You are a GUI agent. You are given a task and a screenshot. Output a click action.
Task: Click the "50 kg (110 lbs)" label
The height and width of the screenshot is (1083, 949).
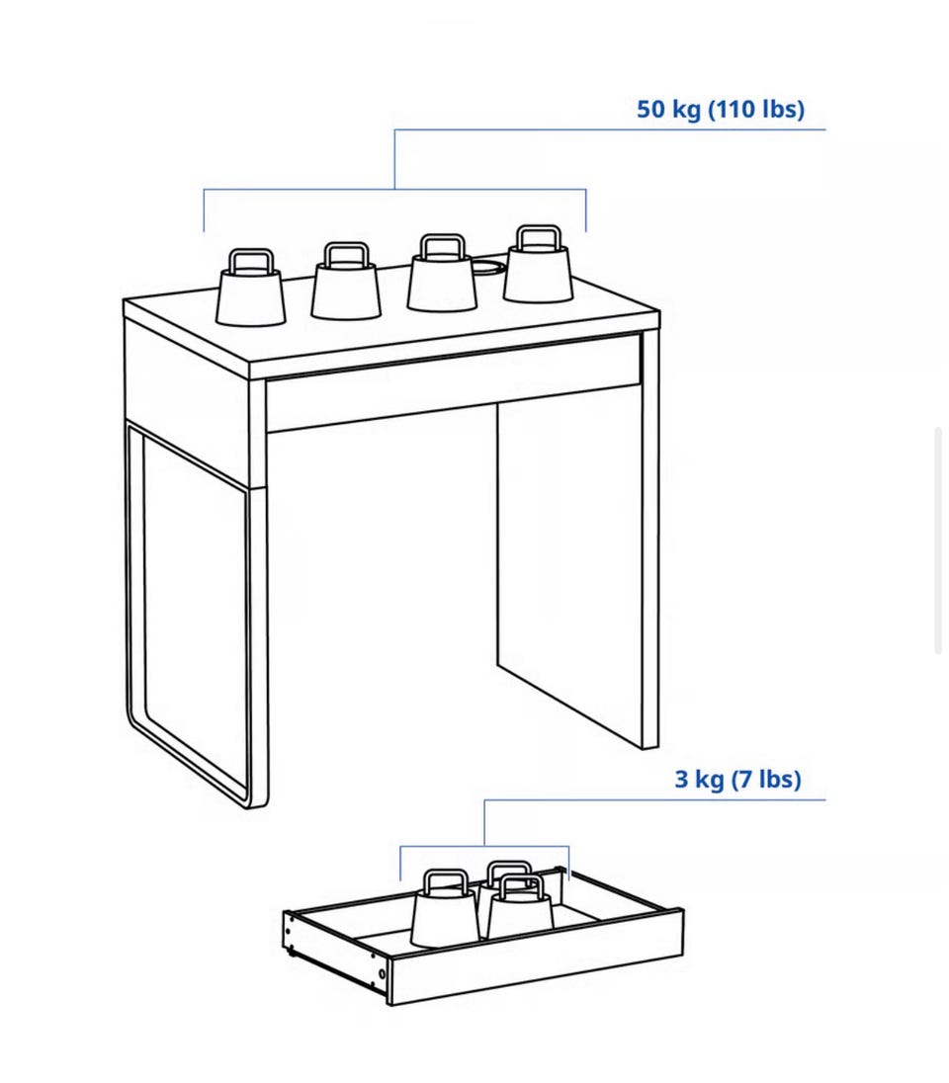721,109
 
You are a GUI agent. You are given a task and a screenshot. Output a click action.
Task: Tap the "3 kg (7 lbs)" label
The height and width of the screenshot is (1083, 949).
737,779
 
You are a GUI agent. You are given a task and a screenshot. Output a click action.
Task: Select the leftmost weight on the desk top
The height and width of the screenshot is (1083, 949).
250,288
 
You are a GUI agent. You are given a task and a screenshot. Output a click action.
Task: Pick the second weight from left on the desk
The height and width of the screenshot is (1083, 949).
346,281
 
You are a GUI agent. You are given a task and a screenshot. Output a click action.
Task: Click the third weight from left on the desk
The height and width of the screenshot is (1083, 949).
442,274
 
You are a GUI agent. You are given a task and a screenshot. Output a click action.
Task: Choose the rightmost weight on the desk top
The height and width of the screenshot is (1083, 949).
538,265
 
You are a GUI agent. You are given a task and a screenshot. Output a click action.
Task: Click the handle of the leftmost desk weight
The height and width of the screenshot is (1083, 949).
251,261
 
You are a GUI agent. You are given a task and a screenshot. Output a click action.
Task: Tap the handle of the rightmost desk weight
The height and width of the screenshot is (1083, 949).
538,236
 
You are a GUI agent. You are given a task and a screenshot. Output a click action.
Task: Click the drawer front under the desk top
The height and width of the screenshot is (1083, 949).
454,383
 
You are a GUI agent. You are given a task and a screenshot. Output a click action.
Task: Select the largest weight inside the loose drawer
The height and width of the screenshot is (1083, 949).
445,909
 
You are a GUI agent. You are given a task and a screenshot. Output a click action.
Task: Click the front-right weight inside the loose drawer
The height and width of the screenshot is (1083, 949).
520,907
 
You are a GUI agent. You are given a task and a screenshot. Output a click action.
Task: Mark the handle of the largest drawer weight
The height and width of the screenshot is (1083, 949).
445,881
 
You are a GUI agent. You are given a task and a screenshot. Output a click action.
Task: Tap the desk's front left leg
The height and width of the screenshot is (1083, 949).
258,594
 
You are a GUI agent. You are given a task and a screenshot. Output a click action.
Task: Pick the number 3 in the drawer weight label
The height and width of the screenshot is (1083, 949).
681,779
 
